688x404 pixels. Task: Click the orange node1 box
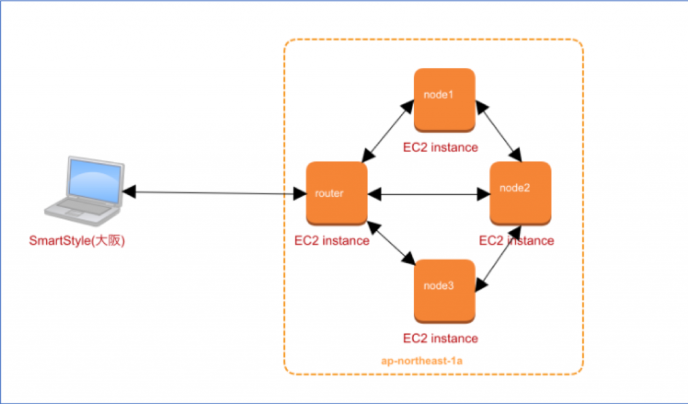tap(445, 100)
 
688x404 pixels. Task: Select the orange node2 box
tap(521, 194)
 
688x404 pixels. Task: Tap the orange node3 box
tap(445, 291)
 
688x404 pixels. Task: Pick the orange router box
tap(337, 194)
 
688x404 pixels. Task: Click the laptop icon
tap(84, 191)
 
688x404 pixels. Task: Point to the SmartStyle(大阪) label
tap(77, 241)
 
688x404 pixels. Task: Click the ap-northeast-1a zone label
tap(422, 361)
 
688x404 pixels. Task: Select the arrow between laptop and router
tap(214, 193)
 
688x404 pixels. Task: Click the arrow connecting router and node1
tap(388, 131)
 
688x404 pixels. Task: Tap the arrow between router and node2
tap(429, 194)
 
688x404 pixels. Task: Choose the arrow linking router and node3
tap(391, 243)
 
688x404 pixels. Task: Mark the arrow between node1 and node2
tap(499, 131)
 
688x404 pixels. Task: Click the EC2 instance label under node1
tap(441, 147)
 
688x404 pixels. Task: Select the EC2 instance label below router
tap(332, 241)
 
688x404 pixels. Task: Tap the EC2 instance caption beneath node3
tap(441, 339)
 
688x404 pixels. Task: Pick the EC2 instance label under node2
tap(517, 241)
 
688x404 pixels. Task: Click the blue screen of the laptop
tap(95, 180)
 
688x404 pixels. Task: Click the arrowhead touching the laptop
tap(129, 192)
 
